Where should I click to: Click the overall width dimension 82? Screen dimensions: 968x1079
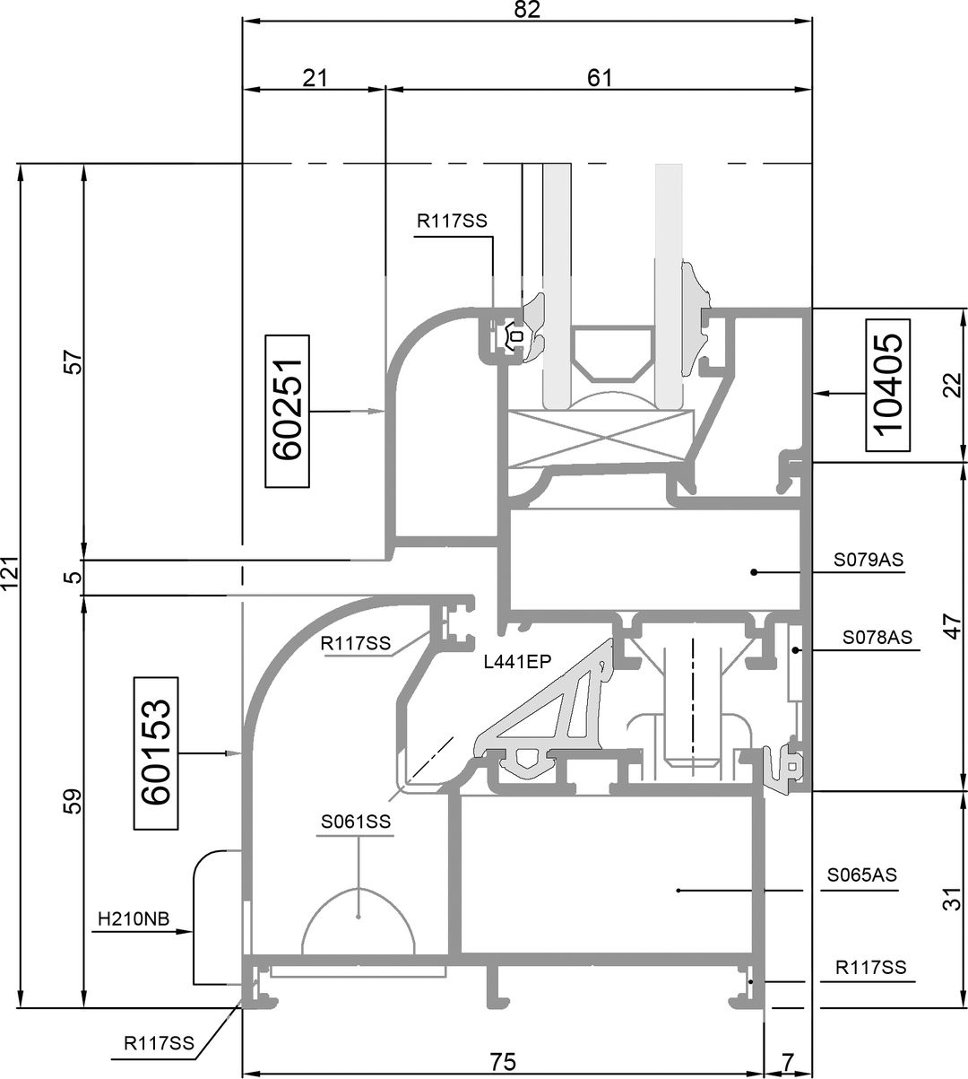click(527, 9)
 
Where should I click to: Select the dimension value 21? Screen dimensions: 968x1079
click(315, 78)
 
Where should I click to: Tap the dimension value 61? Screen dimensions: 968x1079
click(600, 78)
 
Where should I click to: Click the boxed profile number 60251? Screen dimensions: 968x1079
click(288, 411)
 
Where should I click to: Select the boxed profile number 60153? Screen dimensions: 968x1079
click(155, 753)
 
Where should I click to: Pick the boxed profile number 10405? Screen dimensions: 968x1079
click(888, 385)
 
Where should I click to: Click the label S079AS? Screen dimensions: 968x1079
click(869, 560)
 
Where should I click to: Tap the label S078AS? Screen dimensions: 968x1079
click(877, 638)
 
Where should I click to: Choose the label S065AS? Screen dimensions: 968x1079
click(862, 875)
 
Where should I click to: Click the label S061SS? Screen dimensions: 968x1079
click(356, 822)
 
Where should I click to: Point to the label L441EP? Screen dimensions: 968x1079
click(518, 661)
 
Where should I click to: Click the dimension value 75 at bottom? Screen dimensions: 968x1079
click(503, 1062)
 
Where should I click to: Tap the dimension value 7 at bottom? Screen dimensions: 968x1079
click(788, 1062)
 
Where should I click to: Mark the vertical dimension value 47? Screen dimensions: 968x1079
click(953, 626)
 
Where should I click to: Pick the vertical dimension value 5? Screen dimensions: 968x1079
click(76, 578)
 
